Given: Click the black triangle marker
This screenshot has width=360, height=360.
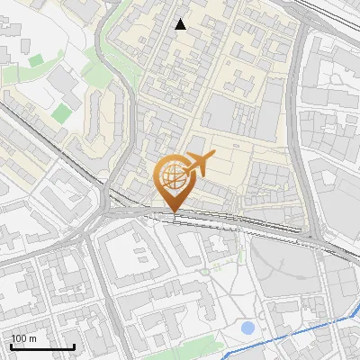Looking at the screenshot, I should [x=181, y=24].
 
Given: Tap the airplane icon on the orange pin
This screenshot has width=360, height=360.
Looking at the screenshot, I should [x=198, y=164].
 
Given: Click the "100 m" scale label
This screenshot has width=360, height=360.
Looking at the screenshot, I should [x=24, y=338].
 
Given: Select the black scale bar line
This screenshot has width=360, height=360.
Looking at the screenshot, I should [x=42, y=346].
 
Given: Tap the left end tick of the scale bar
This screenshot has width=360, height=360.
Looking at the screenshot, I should [x=11, y=345].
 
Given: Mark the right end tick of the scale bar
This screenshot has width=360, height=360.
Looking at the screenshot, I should [x=74, y=345].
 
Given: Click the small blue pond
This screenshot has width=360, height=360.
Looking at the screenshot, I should [x=247, y=328].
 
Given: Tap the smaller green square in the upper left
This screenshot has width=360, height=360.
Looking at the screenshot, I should [x=35, y=61].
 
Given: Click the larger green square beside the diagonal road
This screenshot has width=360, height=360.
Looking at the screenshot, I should [x=61, y=112].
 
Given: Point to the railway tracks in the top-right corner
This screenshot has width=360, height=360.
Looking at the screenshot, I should [x=333, y=13].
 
